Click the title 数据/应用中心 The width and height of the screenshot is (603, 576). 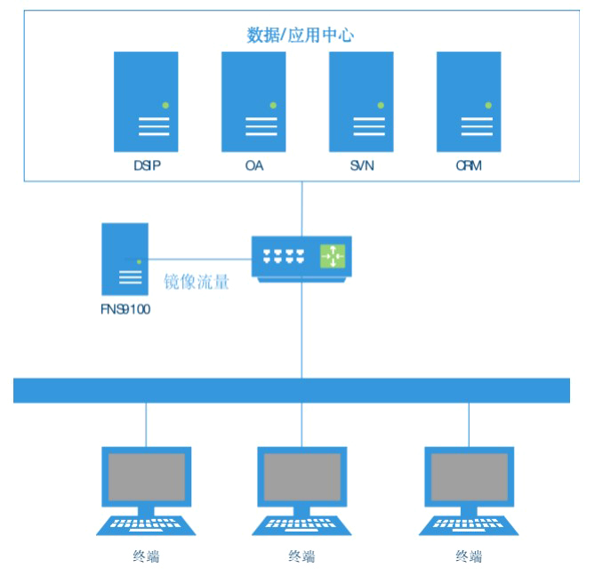click(301, 36)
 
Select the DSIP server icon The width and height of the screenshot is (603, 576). click(146, 100)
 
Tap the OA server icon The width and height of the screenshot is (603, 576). click(253, 100)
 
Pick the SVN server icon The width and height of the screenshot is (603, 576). click(361, 100)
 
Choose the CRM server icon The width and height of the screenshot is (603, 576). click(469, 100)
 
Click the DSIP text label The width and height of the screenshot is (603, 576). click(146, 165)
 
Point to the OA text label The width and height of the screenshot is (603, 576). click(254, 165)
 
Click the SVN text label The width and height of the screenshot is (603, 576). click(362, 165)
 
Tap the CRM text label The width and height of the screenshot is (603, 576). click(469, 165)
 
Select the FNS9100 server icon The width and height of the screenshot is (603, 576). click(125, 259)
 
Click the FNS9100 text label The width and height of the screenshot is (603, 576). click(125, 310)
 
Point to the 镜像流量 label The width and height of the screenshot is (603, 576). click(197, 283)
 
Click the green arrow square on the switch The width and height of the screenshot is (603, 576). click(333, 255)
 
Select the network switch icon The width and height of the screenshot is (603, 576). click(301, 259)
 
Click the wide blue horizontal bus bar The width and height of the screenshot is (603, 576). click(292, 390)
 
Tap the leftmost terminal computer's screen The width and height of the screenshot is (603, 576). click(146, 476)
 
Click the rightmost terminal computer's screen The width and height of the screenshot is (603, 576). click(469, 476)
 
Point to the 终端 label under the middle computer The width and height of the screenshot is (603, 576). click(301, 556)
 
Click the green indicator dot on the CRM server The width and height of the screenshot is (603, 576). click(488, 106)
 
